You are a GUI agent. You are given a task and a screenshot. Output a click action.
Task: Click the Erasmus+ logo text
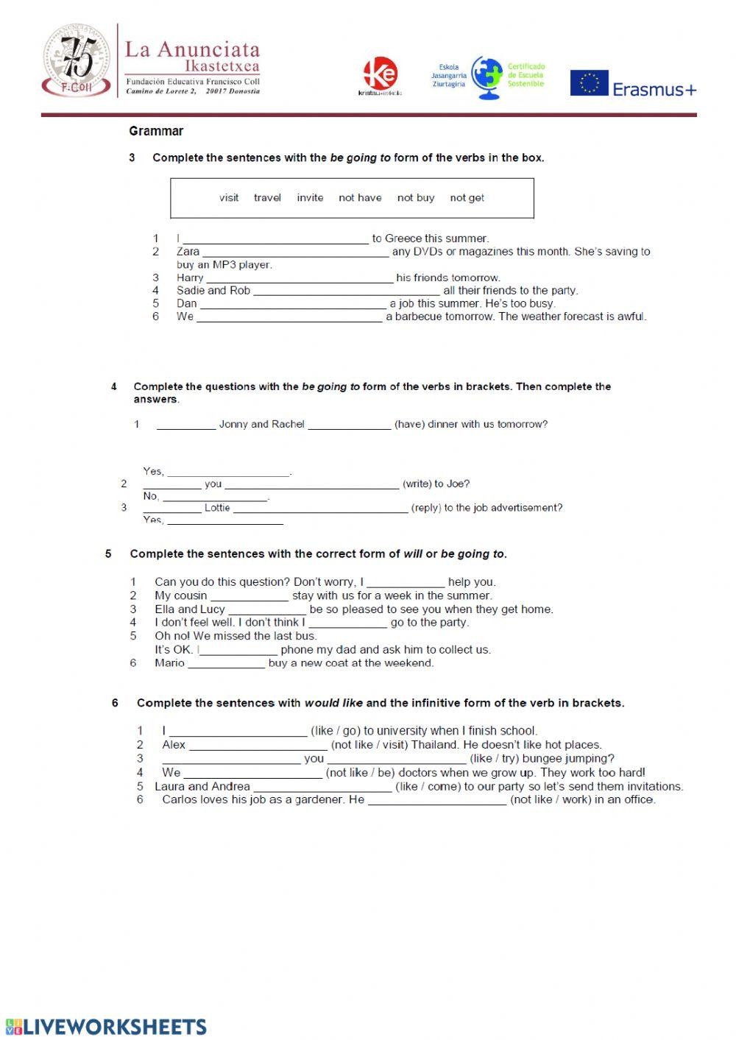(x=654, y=89)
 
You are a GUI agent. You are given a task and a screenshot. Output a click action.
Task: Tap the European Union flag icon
(x=589, y=83)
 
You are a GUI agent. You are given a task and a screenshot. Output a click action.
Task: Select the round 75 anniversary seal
(x=77, y=60)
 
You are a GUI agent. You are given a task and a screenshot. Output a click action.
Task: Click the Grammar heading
(x=156, y=131)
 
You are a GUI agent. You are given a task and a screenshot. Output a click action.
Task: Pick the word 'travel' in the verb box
(x=267, y=197)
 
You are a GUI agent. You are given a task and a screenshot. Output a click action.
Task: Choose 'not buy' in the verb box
(x=416, y=197)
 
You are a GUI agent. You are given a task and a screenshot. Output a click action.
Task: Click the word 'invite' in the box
(x=310, y=197)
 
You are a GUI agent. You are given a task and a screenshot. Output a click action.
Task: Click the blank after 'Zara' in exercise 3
(x=295, y=252)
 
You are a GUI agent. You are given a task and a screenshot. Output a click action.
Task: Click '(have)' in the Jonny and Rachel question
(x=409, y=424)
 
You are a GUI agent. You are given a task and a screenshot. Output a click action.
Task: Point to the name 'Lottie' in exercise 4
(x=217, y=508)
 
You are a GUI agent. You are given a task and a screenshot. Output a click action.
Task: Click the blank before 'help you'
(x=406, y=583)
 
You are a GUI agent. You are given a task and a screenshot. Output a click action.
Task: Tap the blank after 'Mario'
(x=226, y=664)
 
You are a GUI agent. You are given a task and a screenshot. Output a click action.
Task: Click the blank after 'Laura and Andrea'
(x=322, y=787)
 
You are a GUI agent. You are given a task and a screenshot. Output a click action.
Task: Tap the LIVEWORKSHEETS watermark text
(x=115, y=1027)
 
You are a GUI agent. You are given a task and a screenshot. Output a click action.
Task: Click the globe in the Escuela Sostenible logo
(x=486, y=77)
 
